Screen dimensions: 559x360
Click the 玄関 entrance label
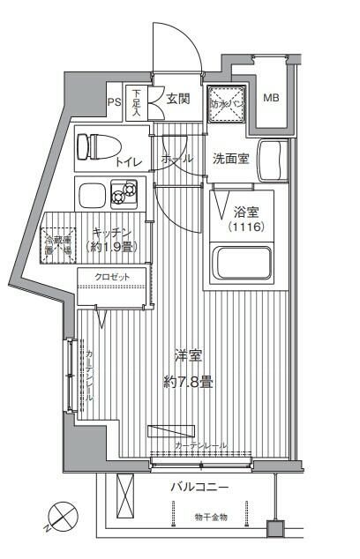coord(179,99)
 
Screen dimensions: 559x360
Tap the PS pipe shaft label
coord(114,102)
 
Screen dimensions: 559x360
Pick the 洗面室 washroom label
coord(231,160)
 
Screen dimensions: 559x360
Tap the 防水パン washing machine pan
coord(225,102)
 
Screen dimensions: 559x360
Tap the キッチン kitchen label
coord(113,232)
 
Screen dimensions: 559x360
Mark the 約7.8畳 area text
coord(188,382)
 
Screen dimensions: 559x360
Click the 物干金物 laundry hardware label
coord(211,517)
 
